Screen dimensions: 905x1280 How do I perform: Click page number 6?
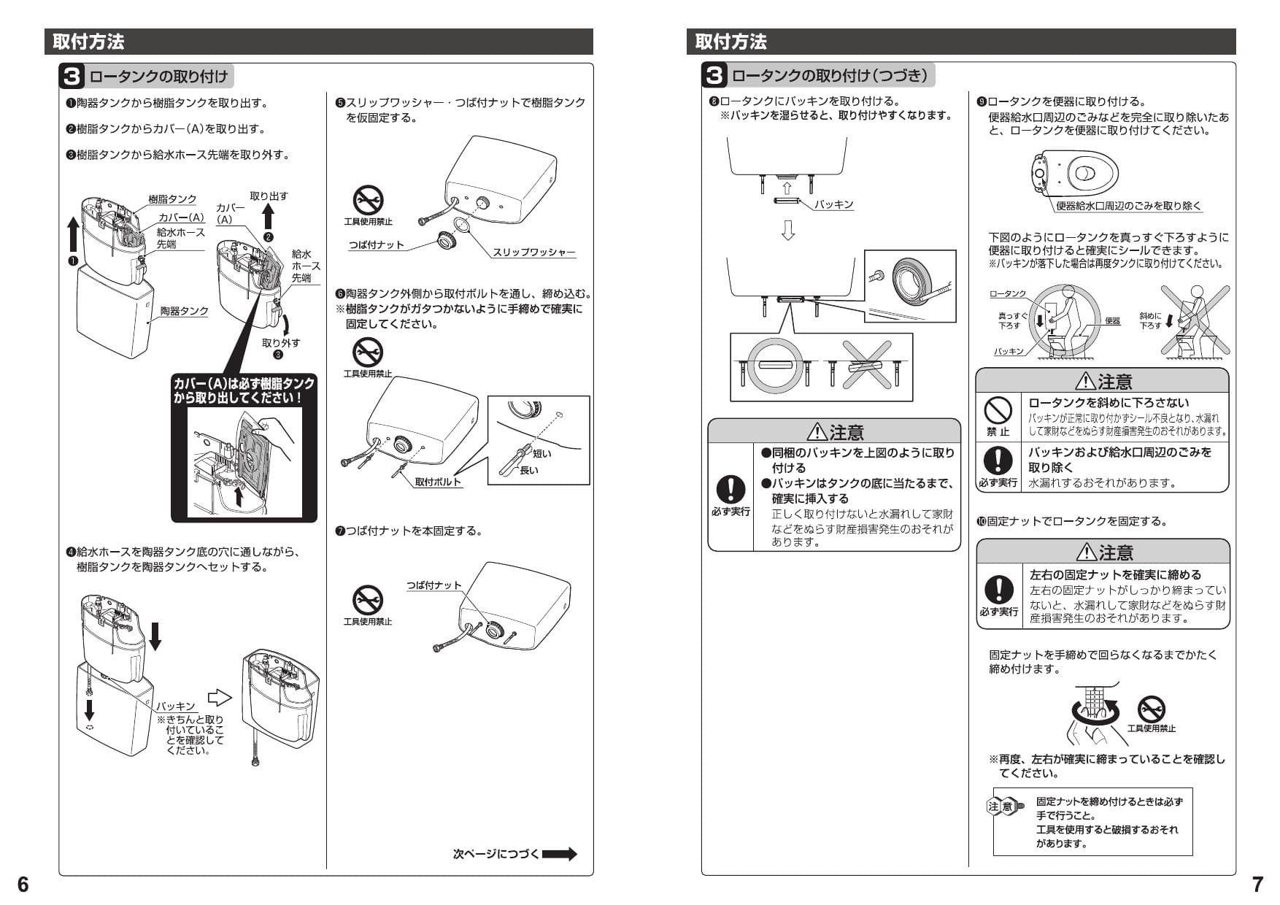tap(23, 884)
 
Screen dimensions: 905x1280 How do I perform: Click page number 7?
tap(1257, 884)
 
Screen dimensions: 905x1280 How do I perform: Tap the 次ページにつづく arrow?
tap(559, 854)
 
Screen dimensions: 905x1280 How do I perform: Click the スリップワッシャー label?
tap(533, 253)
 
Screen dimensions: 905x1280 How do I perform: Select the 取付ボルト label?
tap(438, 482)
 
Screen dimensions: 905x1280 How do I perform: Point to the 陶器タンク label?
tap(184, 311)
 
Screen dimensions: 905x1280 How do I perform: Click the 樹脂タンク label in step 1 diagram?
tap(172, 199)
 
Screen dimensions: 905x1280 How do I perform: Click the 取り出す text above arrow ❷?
tap(269, 196)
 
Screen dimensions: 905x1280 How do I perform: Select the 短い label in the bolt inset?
tap(541, 453)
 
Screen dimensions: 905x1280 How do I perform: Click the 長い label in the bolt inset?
tap(528, 470)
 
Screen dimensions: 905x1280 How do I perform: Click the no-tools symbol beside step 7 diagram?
tap(367, 601)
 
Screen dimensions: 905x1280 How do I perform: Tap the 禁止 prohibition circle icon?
tap(998, 410)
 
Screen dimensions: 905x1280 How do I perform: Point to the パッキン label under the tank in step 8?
tap(834, 205)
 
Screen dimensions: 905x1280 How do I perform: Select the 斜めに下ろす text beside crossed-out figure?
tap(1150, 320)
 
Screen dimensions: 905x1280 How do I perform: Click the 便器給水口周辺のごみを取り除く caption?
tap(1128, 207)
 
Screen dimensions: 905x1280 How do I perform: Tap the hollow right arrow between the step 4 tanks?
tap(220, 698)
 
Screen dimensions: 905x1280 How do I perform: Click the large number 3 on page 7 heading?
tap(714, 75)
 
